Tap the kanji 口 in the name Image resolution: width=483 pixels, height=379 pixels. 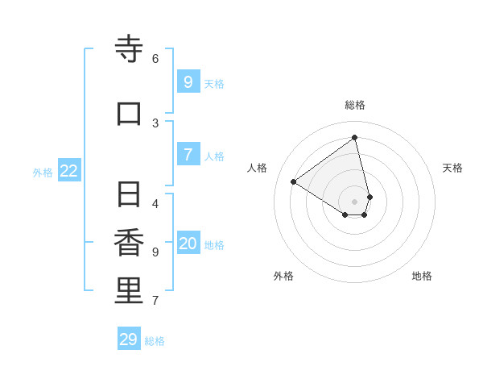point(129,114)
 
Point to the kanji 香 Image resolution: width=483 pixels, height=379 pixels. point(129,243)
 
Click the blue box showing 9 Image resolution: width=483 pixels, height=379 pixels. point(188,81)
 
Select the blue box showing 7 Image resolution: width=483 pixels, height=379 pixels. point(188,154)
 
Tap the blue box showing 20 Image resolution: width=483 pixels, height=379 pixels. point(188,244)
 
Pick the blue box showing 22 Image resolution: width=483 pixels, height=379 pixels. point(69,170)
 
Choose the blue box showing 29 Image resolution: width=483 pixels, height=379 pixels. point(129,339)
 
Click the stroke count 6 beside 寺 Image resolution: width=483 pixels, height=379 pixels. point(155,59)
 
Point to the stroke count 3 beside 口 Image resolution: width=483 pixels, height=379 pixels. point(155,123)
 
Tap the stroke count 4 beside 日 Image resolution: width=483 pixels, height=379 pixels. point(155,204)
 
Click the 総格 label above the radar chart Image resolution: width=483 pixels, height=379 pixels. point(355,105)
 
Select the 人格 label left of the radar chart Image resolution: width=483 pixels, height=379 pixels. point(258,168)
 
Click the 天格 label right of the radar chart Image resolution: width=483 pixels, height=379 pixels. point(452,168)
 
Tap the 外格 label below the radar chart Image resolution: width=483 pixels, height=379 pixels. point(283,276)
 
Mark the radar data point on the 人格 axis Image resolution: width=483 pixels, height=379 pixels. point(294,181)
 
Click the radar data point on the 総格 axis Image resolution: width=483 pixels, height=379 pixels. point(355,137)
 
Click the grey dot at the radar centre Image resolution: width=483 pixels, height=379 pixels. point(355,201)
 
